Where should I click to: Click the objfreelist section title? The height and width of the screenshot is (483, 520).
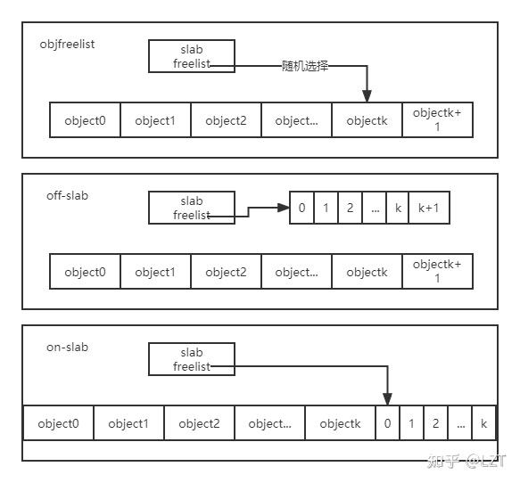68,44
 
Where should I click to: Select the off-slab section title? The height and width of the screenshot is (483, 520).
68,195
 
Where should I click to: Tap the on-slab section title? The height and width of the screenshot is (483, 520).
68,347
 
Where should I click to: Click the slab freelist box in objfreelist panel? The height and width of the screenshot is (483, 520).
191,56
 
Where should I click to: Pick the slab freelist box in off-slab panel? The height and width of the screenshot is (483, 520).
191,208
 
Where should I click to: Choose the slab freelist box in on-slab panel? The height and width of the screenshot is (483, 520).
191,359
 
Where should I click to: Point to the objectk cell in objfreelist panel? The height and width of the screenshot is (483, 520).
367,120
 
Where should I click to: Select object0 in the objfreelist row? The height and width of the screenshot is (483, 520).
85,120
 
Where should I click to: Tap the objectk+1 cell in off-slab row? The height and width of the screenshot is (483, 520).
437,271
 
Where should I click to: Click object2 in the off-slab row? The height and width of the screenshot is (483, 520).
226,272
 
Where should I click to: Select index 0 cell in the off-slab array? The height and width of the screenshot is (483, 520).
301,208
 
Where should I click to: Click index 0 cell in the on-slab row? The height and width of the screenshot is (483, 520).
387,423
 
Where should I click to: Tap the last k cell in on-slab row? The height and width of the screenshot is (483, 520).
483,423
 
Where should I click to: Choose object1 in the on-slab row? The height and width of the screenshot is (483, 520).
128,423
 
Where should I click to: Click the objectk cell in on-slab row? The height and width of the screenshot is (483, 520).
340,423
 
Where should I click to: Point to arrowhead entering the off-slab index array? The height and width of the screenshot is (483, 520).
285,208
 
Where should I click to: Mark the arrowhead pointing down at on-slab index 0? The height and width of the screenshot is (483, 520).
387,400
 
